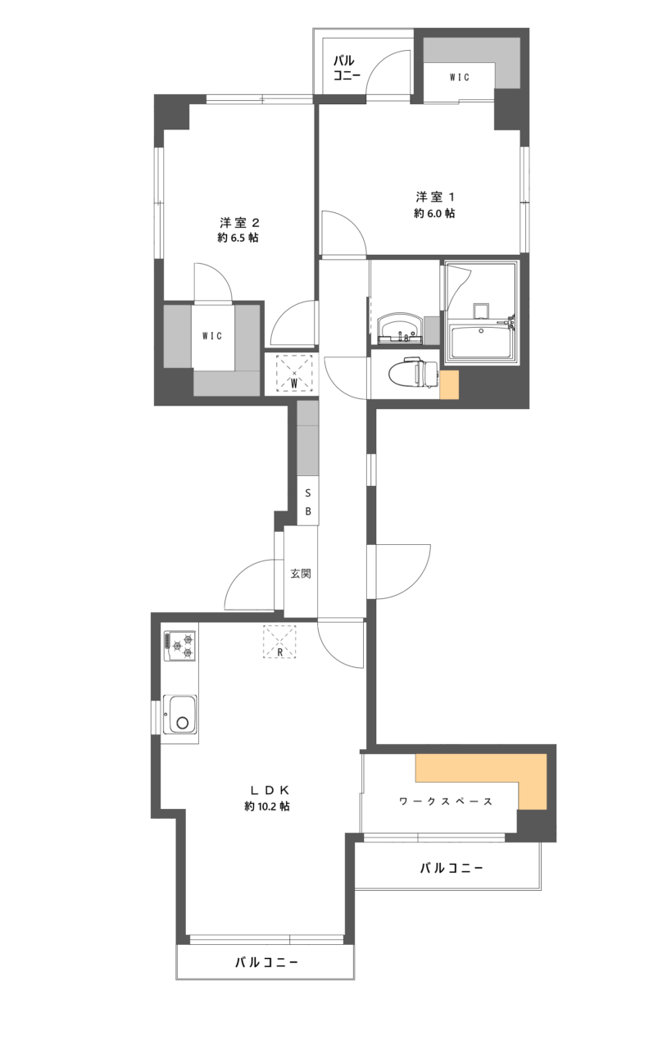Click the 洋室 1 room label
click(x=434, y=197)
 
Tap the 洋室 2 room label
click(x=239, y=222)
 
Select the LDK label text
click(x=266, y=790)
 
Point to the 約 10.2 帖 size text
click(x=266, y=806)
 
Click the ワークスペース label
click(x=446, y=801)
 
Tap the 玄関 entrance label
click(x=301, y=574)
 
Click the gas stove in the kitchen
click(x=179, y=646)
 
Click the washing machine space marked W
click(x=294, y=373)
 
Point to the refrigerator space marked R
click(x=280, y=642)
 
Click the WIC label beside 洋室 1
click(x=459, y=78)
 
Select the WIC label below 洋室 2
click(x=212, y=336)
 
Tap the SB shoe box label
click(x=308, y=502)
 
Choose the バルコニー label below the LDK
click(x=266, y=962)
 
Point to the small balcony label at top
click(x=343, y=67)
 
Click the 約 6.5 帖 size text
click(x=239, y=238)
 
